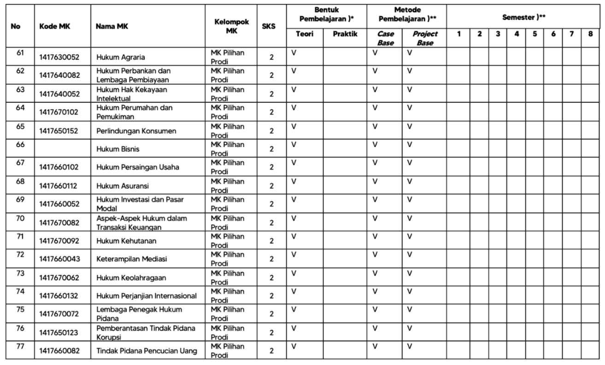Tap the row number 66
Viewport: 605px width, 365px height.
point(20,144)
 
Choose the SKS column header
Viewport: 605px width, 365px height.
point(269,26)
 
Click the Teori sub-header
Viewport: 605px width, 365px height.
point(305,34)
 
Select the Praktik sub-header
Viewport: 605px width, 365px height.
point(345,34)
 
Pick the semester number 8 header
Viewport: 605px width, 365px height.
point(590,34)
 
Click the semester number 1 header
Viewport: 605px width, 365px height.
point(459,34)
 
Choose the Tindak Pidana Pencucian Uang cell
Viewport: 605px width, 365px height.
point(147,351)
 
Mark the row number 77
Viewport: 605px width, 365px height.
point(20,346)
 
